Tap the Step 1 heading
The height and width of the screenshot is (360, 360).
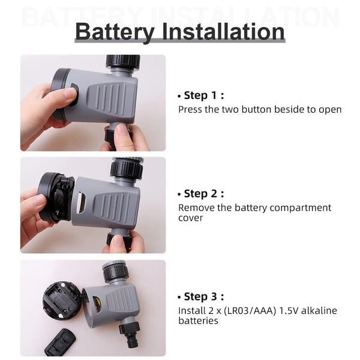click(x=203, y=95)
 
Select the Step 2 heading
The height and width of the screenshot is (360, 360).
click(x=203, y=193)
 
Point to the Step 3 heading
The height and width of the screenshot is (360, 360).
click(x=203, y=296)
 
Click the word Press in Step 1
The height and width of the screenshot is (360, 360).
click(x=190, y=110)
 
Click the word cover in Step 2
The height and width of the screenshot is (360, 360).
click(x=190, y=218)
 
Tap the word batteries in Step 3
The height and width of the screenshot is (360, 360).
click(x=198, y=321)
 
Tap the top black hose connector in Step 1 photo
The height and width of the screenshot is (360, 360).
click(x=122, y=62)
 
